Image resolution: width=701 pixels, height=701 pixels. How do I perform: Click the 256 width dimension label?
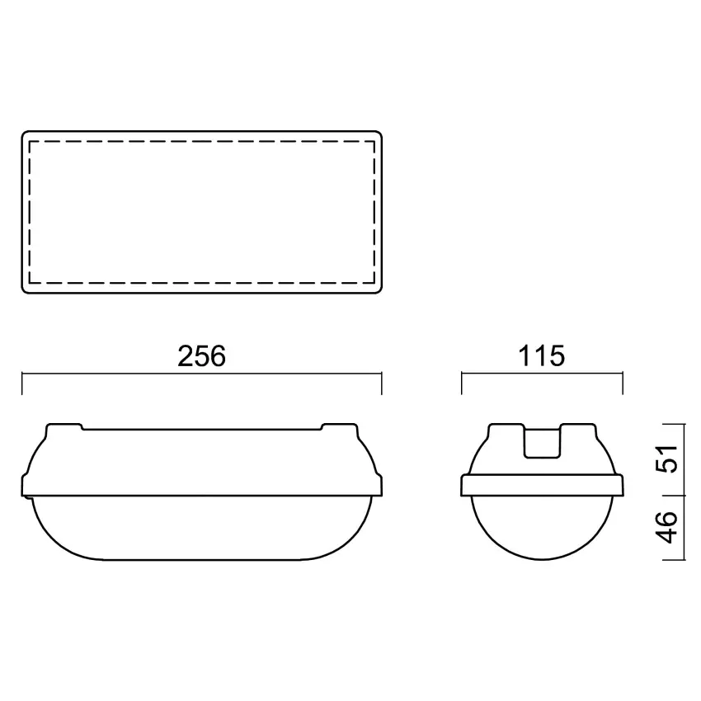click(x=201, y=356)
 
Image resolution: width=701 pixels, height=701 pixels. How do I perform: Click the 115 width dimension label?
click(x=541, y=356)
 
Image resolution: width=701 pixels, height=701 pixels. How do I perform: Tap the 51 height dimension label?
click(x=666, y=459)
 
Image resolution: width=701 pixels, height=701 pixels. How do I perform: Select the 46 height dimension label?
click(x=666, y=528)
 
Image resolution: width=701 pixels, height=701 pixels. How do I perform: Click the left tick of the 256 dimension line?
click(x=22, y=383)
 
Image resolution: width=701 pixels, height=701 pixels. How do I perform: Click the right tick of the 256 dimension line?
click(x=381, y=383)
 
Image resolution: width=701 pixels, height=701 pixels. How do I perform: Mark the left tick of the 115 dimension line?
click(x=461, y=383)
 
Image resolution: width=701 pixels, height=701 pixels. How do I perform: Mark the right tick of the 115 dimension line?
click(x=623, y=383)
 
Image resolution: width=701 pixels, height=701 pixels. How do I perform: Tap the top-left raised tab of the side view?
click(x=64, y=427)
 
